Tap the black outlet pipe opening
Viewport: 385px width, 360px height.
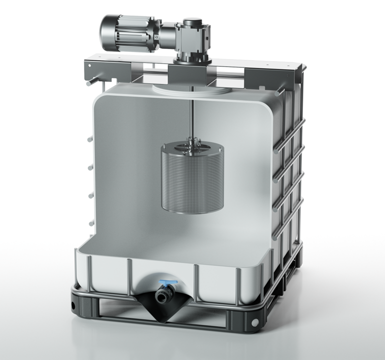161,297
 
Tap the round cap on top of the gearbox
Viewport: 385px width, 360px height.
192,22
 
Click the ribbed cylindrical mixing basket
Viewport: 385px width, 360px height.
192,180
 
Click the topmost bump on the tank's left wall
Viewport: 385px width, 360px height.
90,139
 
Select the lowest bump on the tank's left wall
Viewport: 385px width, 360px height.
90,223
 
